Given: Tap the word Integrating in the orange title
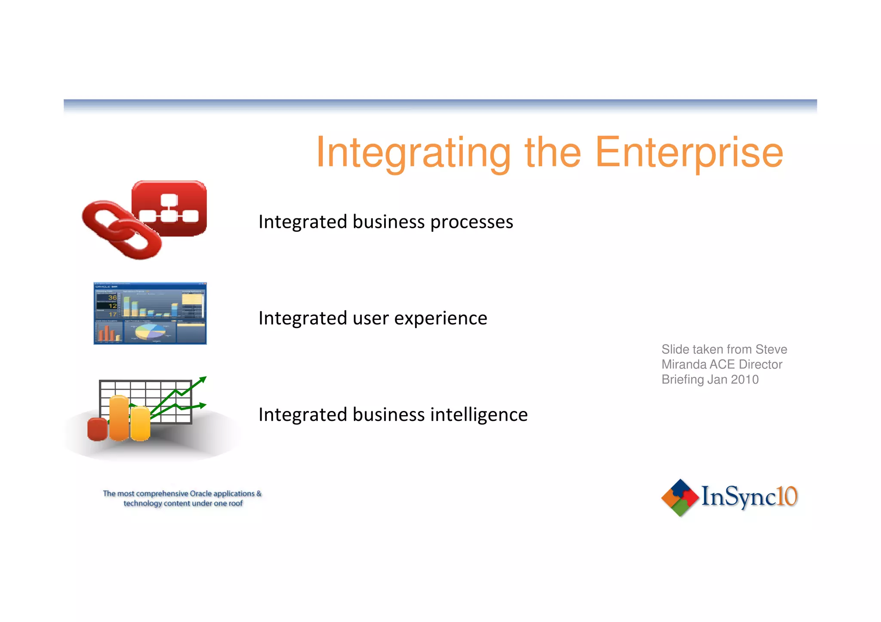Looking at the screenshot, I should [413, 153].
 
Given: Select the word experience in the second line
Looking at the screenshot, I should [440, 319].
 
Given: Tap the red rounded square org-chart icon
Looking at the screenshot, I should [170, 208].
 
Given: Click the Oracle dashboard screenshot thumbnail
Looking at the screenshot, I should [150, 313].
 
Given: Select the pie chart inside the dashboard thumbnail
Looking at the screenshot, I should [150, 331].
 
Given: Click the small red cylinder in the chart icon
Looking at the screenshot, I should [97, 429].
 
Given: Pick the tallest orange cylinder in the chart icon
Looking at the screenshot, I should [119, 418].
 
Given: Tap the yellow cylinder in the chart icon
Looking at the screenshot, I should [140, 424].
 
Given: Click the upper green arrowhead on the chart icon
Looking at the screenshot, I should [203, 380].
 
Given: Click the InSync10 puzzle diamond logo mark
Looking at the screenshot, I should [680, 497].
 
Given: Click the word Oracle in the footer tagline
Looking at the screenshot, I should [201, 493].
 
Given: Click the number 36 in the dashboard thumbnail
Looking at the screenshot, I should [112, 297].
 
